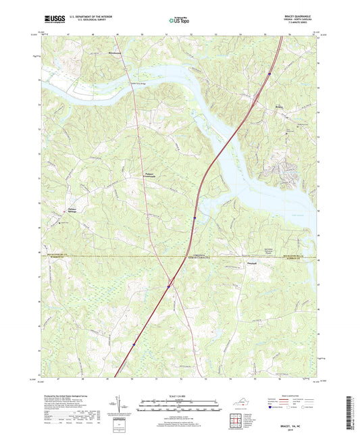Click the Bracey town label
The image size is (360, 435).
click(280, 107)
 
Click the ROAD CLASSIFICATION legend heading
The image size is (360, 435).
click(295, 396)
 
